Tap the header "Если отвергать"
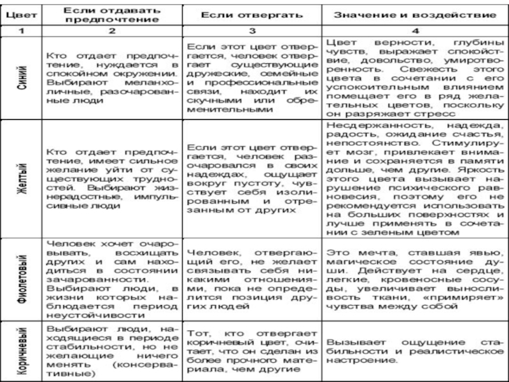[253, 13]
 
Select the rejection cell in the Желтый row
[253, 180]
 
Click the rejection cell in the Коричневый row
[253, 351]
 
